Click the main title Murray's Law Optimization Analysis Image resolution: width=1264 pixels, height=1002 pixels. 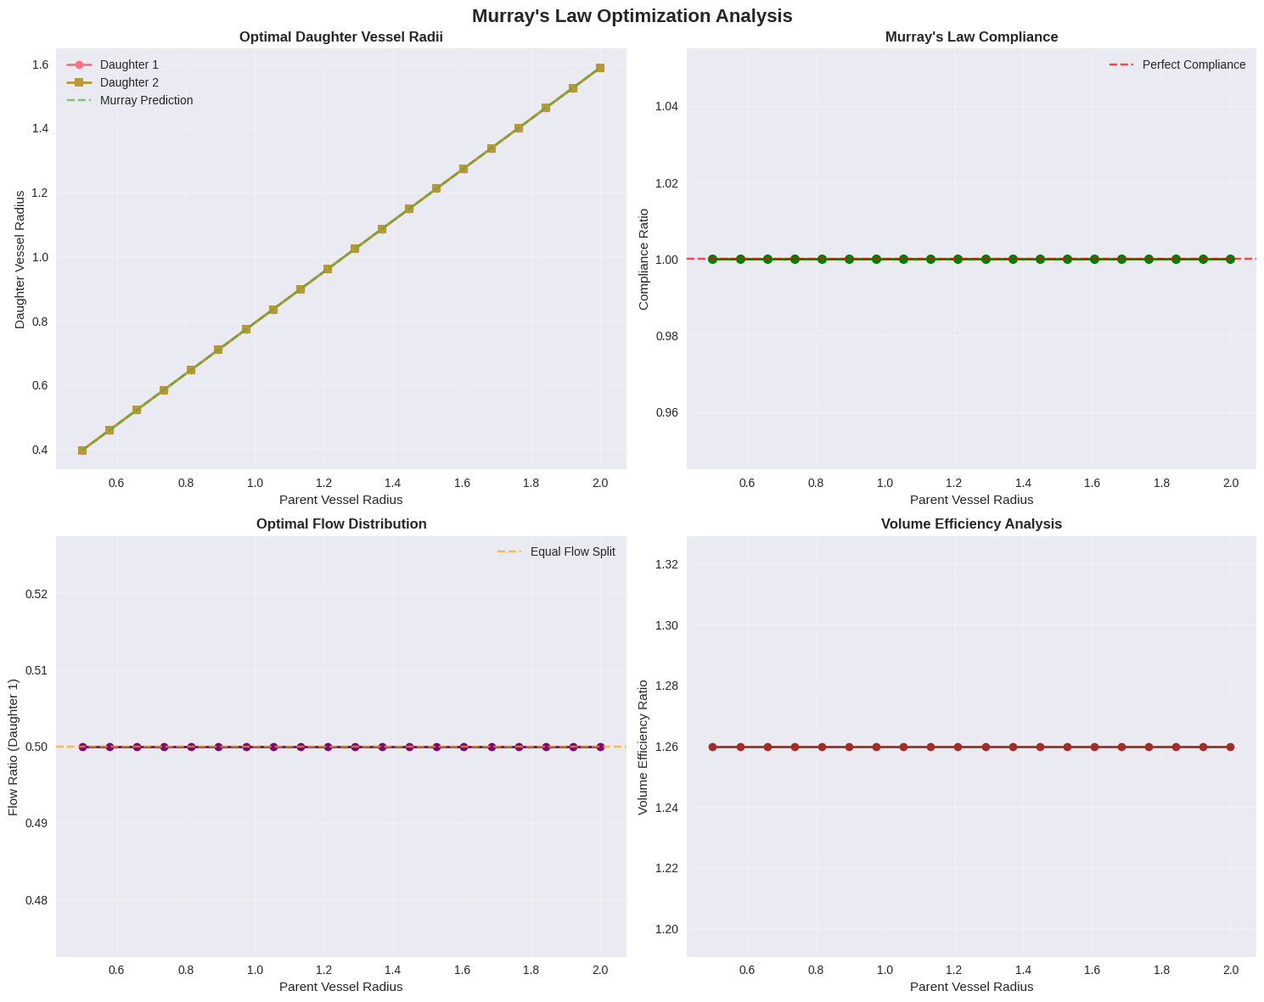coord(632,16)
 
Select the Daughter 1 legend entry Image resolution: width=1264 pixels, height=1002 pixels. coord(129,64)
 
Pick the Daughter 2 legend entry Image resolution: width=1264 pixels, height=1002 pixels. coord(129,82)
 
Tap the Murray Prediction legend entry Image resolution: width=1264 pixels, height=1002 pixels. coord(146,100)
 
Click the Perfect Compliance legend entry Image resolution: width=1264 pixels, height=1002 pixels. coord(1194,64)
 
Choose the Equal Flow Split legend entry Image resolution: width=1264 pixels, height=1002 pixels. coord(572,551)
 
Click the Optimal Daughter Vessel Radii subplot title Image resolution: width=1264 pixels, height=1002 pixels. coord(340,37)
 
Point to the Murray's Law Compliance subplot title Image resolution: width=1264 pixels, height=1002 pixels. coord(971,37)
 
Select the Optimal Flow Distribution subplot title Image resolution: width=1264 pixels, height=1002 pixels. coord(340,524)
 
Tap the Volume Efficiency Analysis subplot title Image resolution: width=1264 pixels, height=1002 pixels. coord(971,524)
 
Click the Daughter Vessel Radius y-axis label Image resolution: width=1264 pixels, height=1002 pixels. coord(20,260)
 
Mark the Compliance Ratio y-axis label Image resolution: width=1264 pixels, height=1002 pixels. coord(643,260)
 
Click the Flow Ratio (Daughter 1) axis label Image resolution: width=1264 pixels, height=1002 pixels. coord(14,747)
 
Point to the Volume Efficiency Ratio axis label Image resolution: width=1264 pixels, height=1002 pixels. coord(643,747)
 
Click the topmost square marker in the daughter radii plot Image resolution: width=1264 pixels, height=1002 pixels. coord(600,68)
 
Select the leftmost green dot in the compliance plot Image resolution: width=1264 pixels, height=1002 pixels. coord(713,259)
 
